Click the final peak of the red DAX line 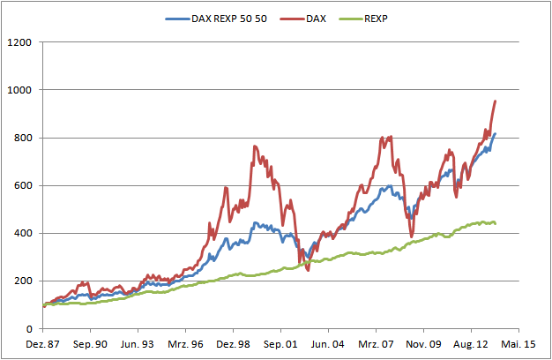click(495, 101)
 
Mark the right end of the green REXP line click(495, 223)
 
